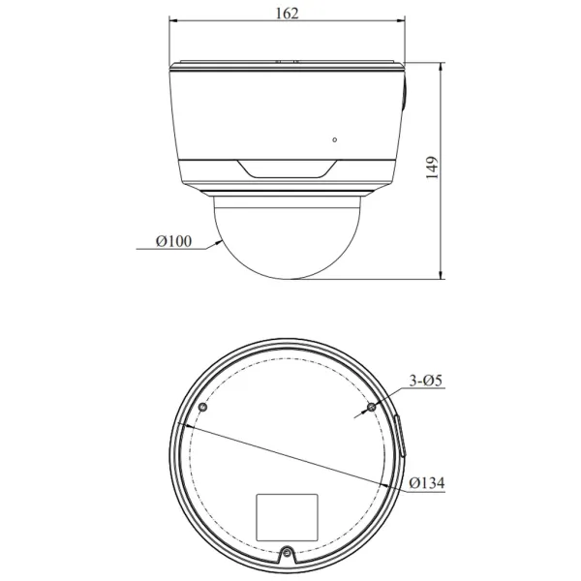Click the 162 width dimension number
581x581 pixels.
tap(288, 13)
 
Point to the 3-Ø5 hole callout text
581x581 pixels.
tap(425, 382)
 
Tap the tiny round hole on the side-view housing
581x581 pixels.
tap(335, 139)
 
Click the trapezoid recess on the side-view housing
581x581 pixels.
tap(288, 170)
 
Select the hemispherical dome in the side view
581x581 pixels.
tap(288, 237)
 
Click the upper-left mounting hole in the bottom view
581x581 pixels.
tap(201, 408)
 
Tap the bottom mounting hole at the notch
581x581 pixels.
tap(287, 554)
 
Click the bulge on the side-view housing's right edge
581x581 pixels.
tap(405, 98)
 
